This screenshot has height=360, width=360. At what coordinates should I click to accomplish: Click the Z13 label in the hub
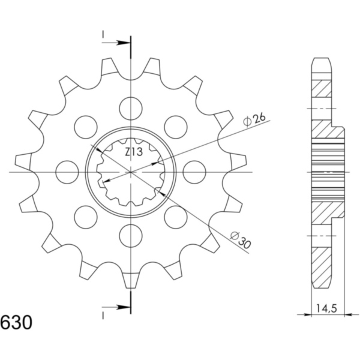[x=134, y=152]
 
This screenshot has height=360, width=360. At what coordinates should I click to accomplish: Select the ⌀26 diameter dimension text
[x=254, y=119]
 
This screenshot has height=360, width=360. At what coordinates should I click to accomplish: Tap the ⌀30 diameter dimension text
[x=241, y=241]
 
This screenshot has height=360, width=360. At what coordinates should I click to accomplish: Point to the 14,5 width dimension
[x=327, y=309]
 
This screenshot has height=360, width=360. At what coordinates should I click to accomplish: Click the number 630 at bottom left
[x=16, y=323]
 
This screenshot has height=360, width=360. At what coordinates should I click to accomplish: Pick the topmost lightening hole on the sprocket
[x=131, y=109]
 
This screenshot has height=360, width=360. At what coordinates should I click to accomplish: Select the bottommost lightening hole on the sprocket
[x=131, y=236]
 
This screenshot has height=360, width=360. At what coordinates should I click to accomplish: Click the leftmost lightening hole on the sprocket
[x=67, y=172]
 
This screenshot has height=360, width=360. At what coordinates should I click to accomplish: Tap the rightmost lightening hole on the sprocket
[x=194, y=172]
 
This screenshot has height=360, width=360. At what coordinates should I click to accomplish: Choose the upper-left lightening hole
[x=86, y=127]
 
